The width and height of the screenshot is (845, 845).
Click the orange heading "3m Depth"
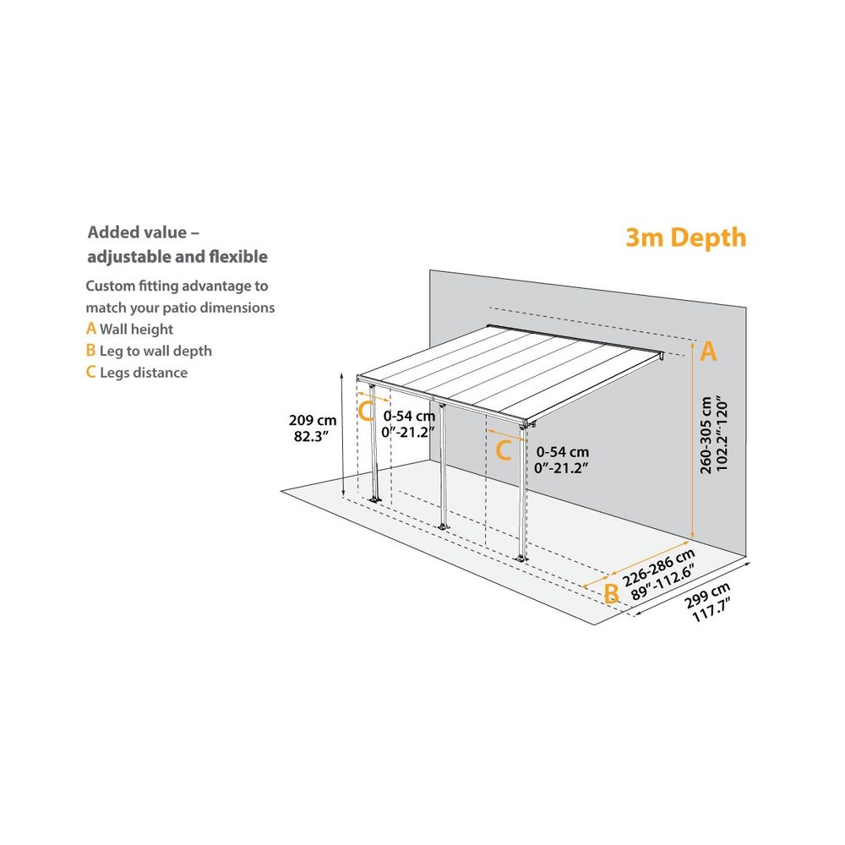click(685, 237)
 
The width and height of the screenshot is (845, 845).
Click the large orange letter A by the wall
click(708, 352)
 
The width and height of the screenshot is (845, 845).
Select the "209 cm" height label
click(313, 420)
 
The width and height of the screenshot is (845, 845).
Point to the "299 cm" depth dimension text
click(706, 598)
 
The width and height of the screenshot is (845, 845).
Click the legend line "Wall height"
click(136, 330)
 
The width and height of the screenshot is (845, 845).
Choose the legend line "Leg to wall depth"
click(155, 351)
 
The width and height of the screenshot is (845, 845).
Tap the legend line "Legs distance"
click(144, 373)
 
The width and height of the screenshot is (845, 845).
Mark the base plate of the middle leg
click(440, 527)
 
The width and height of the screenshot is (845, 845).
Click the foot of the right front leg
click(521, 557)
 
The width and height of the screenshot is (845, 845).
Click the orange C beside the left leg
click(367, 412)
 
